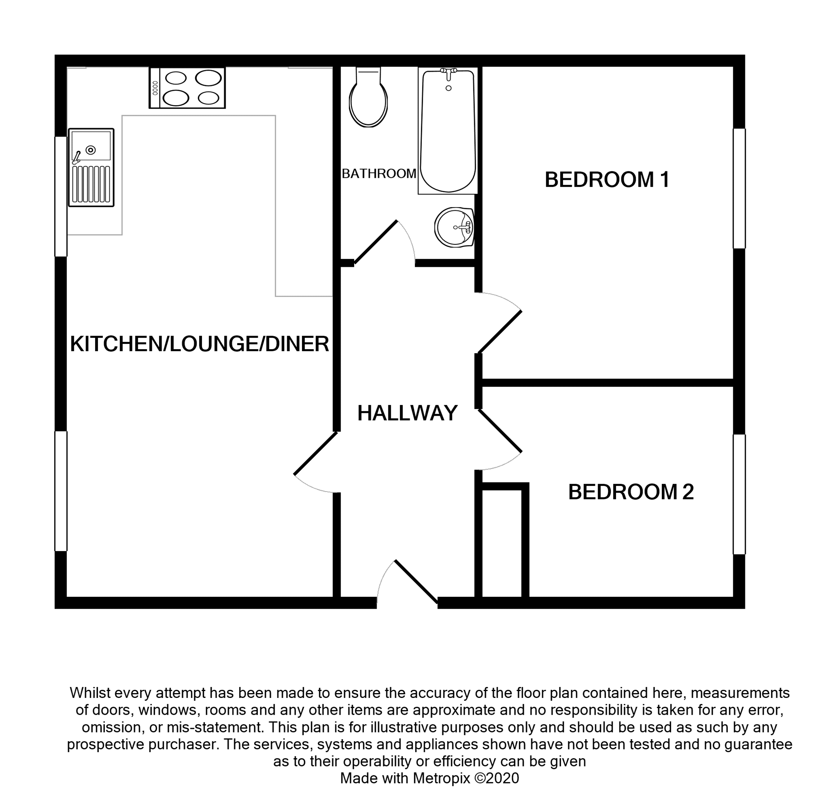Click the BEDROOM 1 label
coord(606,180)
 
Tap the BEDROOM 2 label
coord(631,492)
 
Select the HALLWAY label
coord(407,413)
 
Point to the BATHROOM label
coord(379,174)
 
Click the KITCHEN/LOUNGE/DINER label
coord(200,344)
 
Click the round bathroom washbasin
coord(454,227)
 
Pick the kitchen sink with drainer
coord(91,167)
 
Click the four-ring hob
coord(187,88)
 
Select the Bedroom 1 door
coord(499,331)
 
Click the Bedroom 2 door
coord(500,432)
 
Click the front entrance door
coord(415,581)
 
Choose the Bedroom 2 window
coord(739,494)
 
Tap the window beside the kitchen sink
coord(61,196)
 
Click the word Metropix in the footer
coord(442,778)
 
